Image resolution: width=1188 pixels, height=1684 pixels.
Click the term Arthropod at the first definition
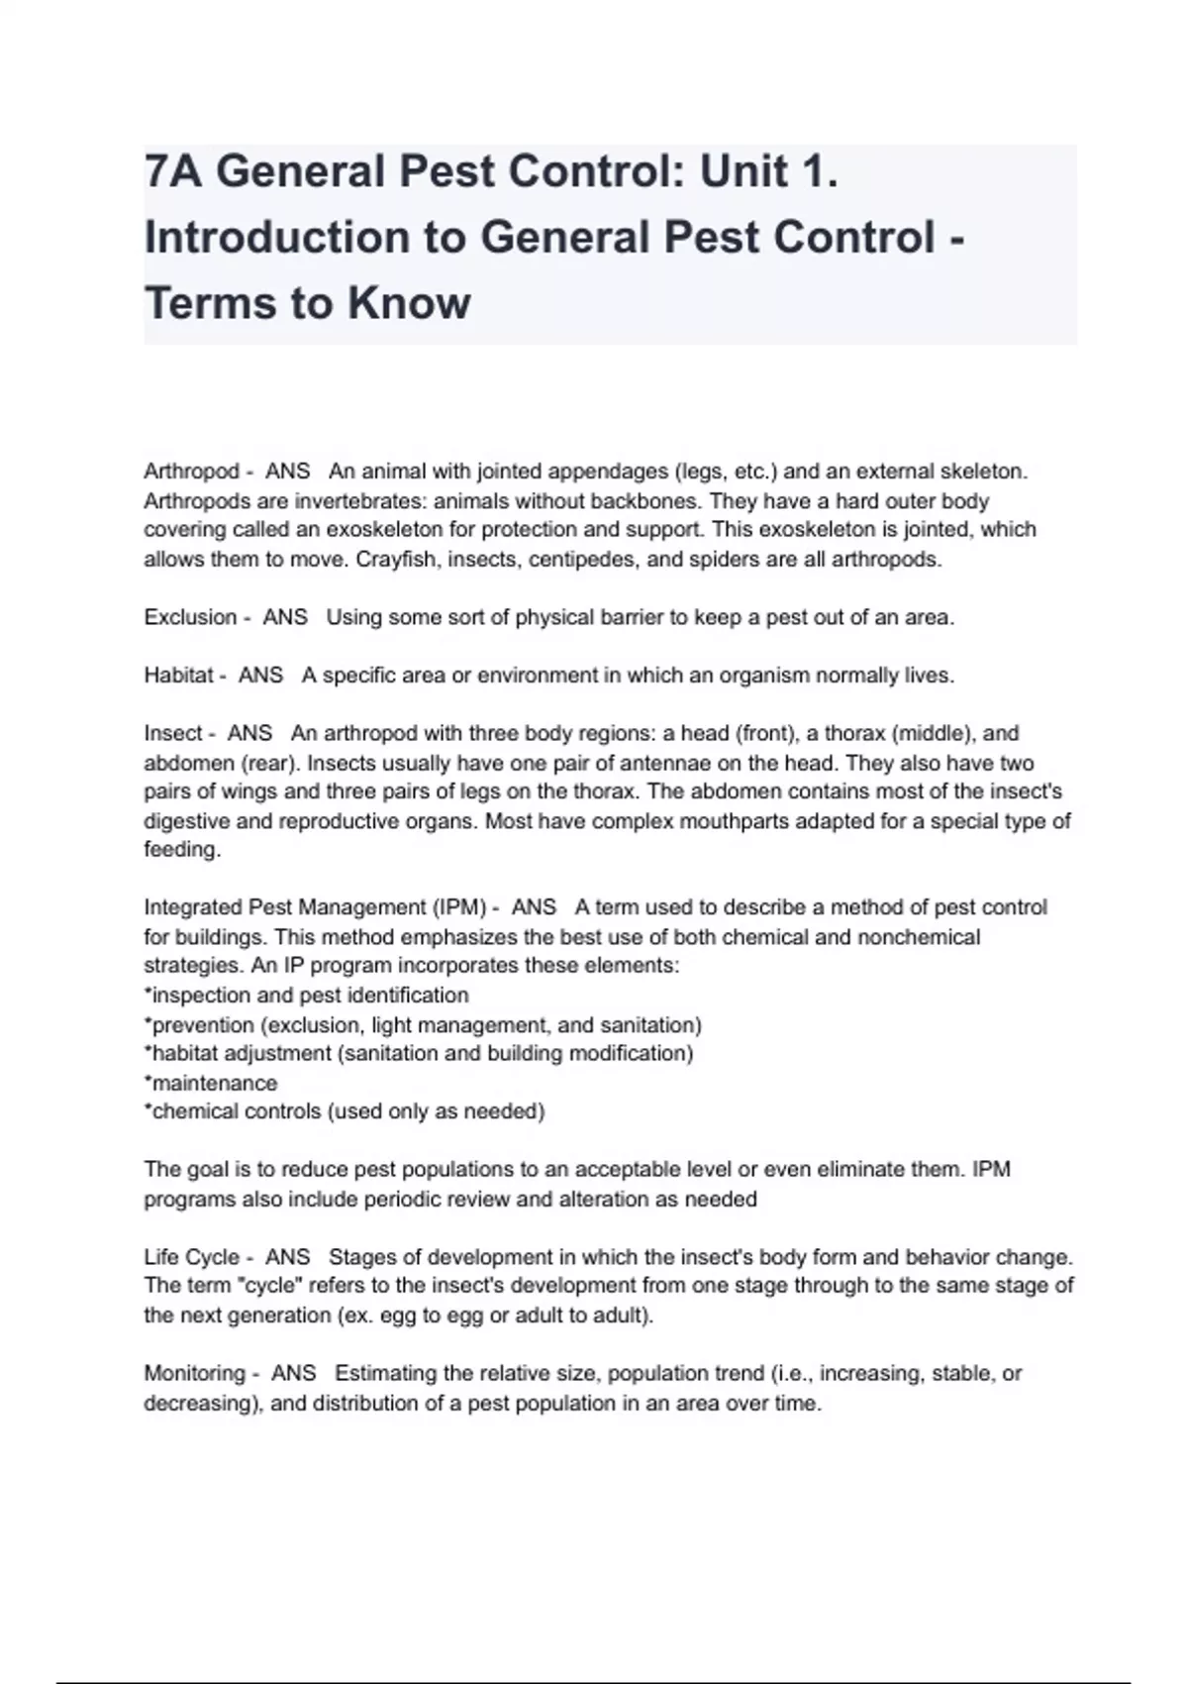191,472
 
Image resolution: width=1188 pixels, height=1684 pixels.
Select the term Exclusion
189,617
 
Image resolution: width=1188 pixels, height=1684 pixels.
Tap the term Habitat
177,676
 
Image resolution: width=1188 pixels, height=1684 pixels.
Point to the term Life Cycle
191,1257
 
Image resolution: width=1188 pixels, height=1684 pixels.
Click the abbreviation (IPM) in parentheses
459,907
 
